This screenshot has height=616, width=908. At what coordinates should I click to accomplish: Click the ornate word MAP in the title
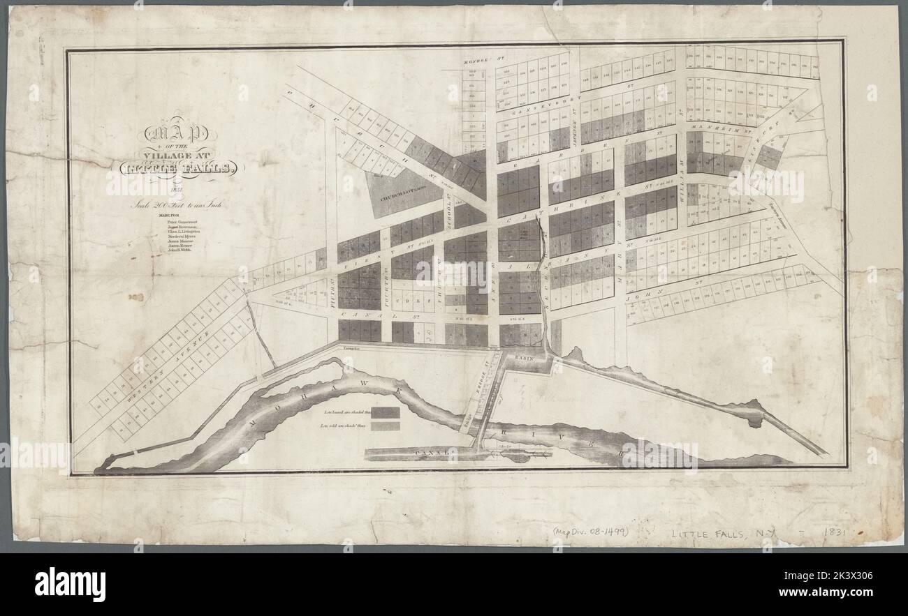180,133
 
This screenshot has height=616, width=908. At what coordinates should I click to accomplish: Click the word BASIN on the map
524,356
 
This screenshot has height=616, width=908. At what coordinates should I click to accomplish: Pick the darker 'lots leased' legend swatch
385,413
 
